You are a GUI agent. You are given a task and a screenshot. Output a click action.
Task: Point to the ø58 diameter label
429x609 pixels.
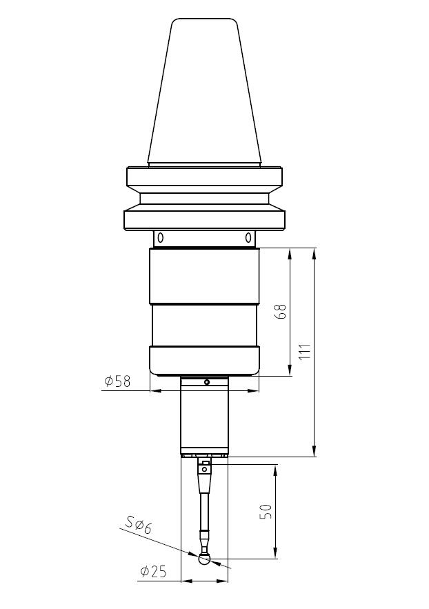(117, 381)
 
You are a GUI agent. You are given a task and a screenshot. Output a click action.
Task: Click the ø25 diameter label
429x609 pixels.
(154, 572)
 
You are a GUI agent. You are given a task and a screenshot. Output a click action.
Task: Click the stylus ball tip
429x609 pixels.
(205, 559)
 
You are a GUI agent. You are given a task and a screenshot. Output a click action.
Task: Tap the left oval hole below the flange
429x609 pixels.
(160, 238)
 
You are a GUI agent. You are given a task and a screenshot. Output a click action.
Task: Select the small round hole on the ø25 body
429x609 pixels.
(205, 381)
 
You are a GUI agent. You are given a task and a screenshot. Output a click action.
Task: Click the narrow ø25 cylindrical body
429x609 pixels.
(205, 417)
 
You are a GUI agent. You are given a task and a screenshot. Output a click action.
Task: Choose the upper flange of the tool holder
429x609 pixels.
(205, 177)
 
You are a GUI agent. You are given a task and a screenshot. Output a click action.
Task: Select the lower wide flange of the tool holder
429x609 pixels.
(205, 219)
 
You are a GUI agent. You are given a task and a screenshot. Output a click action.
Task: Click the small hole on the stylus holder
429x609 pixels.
(205, 469)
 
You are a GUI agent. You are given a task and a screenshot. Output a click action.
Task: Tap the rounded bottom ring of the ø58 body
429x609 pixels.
(205, 360)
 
